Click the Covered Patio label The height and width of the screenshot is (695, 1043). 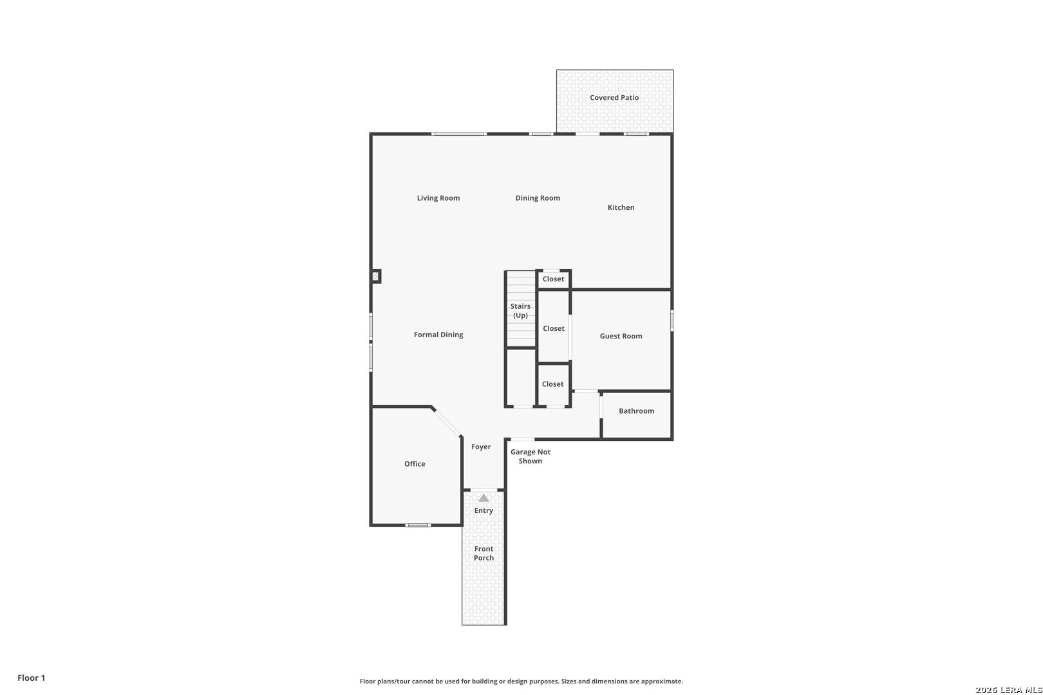[614, 98]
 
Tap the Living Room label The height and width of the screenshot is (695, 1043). [438, 198]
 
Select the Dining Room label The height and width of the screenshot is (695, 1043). [538, 198]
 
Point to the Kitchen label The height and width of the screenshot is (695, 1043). [621, 208]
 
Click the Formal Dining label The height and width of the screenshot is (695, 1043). [438, 335]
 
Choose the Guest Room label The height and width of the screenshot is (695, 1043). [621, 336]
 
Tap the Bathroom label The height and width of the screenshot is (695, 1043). [636, 411]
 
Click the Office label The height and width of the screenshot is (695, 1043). [415, 463]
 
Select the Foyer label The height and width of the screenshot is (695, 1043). [480, 447]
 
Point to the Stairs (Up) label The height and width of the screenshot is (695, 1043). [520, 310]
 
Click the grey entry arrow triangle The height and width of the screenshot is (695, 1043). [484, 498]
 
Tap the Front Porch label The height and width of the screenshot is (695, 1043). [484, 553]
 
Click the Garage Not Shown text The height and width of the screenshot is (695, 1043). [530, 456]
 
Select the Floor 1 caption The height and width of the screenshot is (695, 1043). [31, 678]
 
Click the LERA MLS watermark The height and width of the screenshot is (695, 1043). [1008, 690]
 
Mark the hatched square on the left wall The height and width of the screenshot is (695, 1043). [375, 277]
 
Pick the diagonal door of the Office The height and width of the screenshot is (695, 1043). [447, 422]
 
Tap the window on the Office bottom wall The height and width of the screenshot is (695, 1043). [418, 525]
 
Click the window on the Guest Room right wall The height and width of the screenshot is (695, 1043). [672, 320]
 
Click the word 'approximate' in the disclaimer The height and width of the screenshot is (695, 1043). [661, 681]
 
